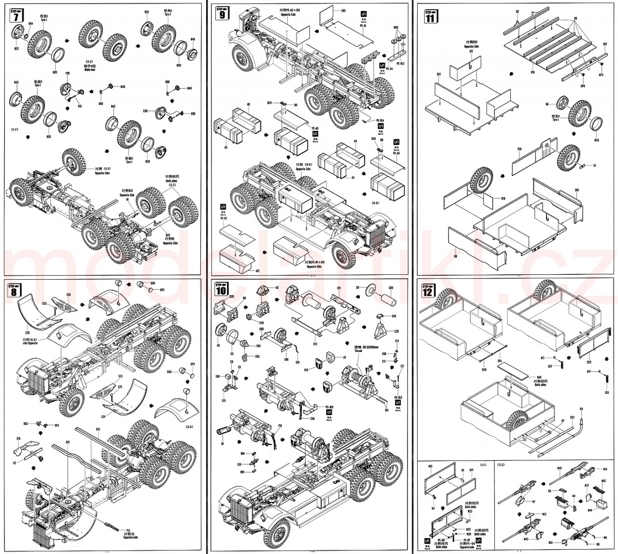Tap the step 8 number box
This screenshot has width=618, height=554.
click(16, 292)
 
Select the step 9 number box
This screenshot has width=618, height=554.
click(222, 14)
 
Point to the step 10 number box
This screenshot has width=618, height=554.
click(222, 291)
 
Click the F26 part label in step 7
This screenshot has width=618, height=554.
click(68, 73)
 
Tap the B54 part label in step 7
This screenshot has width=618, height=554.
click(30, 23)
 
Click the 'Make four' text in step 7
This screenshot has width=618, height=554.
click(90, 70)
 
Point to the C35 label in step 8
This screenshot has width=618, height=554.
click(68, 294)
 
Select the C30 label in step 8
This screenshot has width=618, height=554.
click(28, 333)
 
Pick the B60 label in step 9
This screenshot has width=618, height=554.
click(396, 27)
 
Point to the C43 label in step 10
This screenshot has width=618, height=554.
click(393, 316)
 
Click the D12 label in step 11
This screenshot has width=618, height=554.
click(438, 74)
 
